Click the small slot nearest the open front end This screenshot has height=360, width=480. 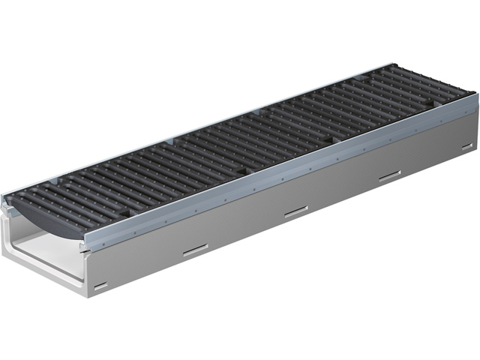[x=100, y=285]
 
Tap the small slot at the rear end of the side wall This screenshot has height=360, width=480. [x=466, y=147]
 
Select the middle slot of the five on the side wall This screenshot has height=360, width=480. [x=295, y=212]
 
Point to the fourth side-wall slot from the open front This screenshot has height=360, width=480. [x=389, y=177]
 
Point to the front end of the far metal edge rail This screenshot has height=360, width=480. [x=5, y=196]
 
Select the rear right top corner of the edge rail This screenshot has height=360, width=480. [x=474, y=94]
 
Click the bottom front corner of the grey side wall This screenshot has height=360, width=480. [x=88, y=297]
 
